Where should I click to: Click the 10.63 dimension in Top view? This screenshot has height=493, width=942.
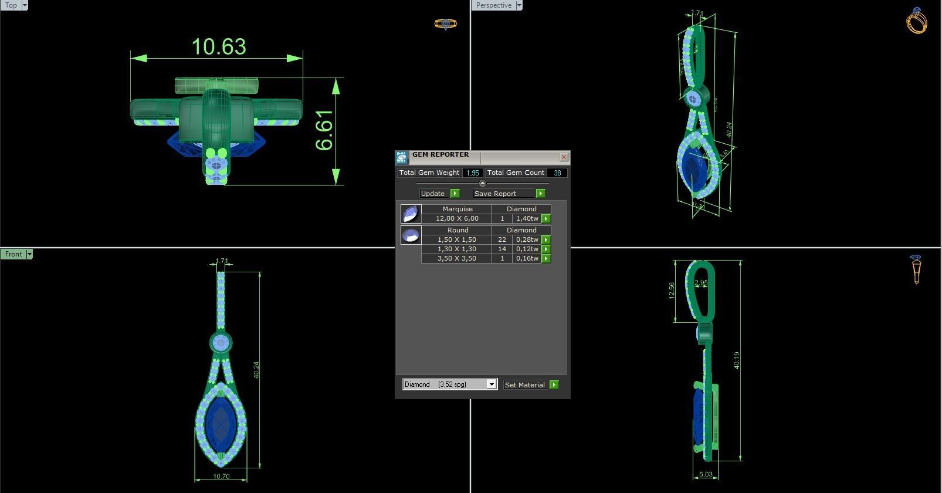219,47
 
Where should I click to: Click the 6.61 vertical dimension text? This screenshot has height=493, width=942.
324,130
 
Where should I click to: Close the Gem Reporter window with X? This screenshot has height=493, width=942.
564,157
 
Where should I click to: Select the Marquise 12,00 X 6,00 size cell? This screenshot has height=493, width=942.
456,218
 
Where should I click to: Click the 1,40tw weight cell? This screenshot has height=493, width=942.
526,218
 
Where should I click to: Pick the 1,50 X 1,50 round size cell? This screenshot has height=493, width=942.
456,239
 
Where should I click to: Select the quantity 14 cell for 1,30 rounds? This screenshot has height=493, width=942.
502,249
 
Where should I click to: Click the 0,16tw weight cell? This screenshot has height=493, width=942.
526,258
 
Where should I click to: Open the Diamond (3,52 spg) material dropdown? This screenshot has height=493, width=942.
492,384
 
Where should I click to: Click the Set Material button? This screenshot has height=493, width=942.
525,385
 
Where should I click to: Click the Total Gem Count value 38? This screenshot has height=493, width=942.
557,173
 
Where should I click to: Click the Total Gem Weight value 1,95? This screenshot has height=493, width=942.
472,173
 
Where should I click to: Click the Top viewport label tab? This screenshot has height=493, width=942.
11,5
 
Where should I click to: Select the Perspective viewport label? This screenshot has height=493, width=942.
493,5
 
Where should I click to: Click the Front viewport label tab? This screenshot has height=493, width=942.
13,254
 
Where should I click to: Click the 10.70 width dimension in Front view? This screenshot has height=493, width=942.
221,477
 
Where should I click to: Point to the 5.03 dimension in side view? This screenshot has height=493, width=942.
706,475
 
